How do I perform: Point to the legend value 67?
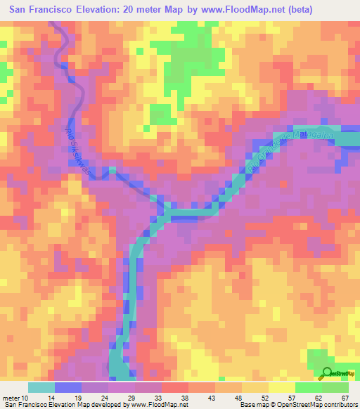point(345,397)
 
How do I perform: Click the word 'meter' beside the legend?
point(10,397)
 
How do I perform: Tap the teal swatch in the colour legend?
point(41,387)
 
